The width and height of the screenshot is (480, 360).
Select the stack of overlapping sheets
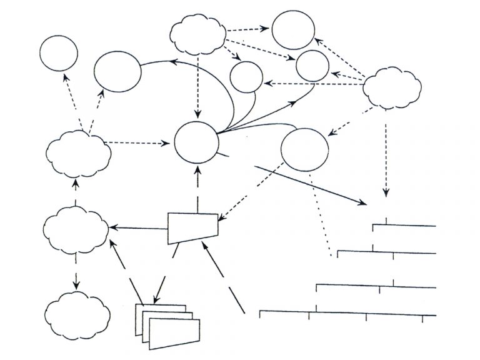[x=170, y=325]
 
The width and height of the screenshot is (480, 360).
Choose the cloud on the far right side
[x=391, y=88]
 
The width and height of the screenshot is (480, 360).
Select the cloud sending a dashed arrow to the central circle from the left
[x=76, y=152]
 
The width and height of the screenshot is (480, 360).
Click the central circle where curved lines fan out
[x=196, y=141]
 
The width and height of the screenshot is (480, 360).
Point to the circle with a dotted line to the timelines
[x=304, y=149]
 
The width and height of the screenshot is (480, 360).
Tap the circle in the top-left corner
[x=59, y=53]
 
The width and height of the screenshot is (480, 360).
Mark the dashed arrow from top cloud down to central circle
[x=198, y=87]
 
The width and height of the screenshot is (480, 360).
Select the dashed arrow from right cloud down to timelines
[x=386, y=156]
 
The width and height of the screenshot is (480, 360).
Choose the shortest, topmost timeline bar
[x=404, y=225]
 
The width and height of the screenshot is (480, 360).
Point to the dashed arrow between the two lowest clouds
[x=76, y=269]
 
